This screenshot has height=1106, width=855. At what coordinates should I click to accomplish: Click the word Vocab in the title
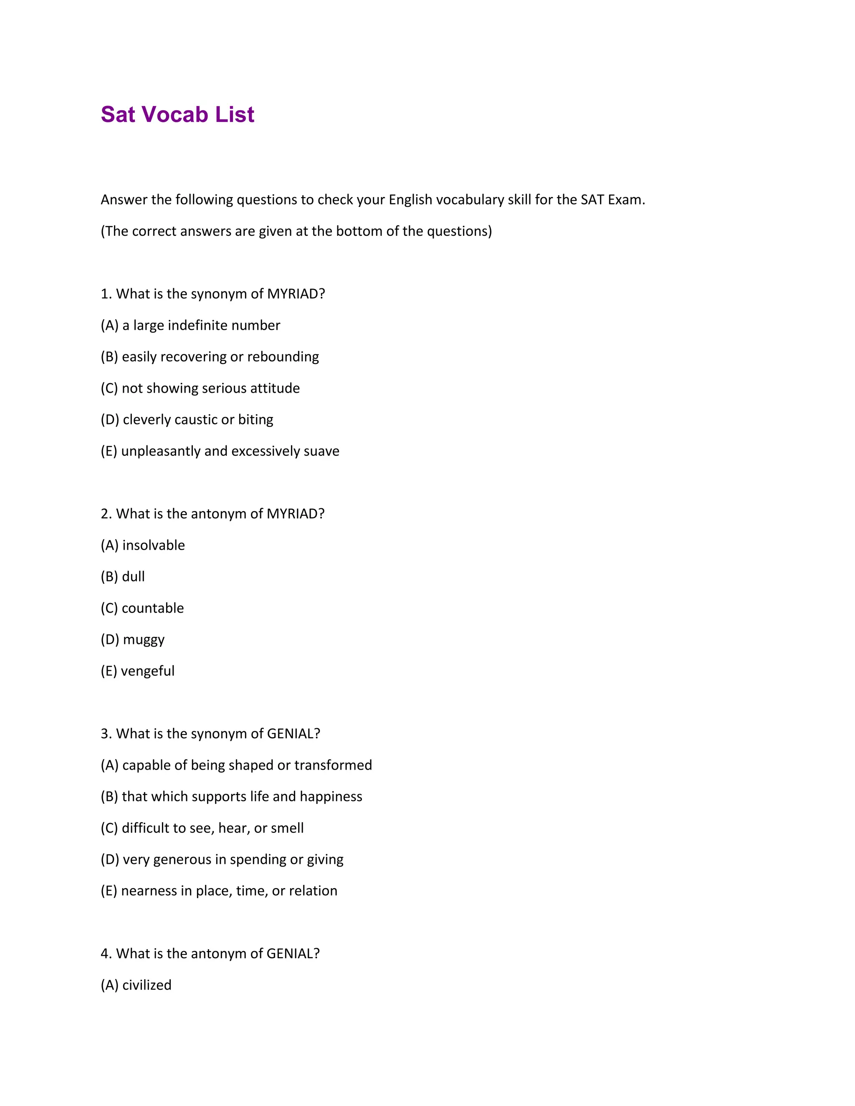click(175, 114)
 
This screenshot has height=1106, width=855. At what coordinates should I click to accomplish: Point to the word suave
click(321, 451)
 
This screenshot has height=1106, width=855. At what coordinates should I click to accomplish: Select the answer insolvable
click(154, 545)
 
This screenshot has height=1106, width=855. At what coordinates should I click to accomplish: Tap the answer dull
click(133, 576)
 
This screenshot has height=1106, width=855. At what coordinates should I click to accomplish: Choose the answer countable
click(152, 608)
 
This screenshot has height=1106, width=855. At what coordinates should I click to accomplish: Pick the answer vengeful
click(147, 671)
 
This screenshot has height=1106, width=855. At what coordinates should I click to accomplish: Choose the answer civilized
click(147, 985)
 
